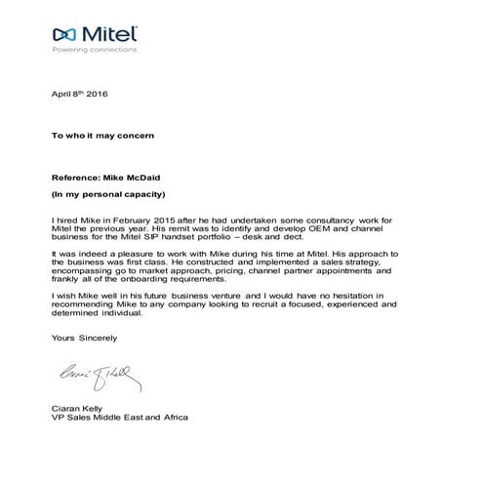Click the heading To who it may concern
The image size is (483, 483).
point(101,136)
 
